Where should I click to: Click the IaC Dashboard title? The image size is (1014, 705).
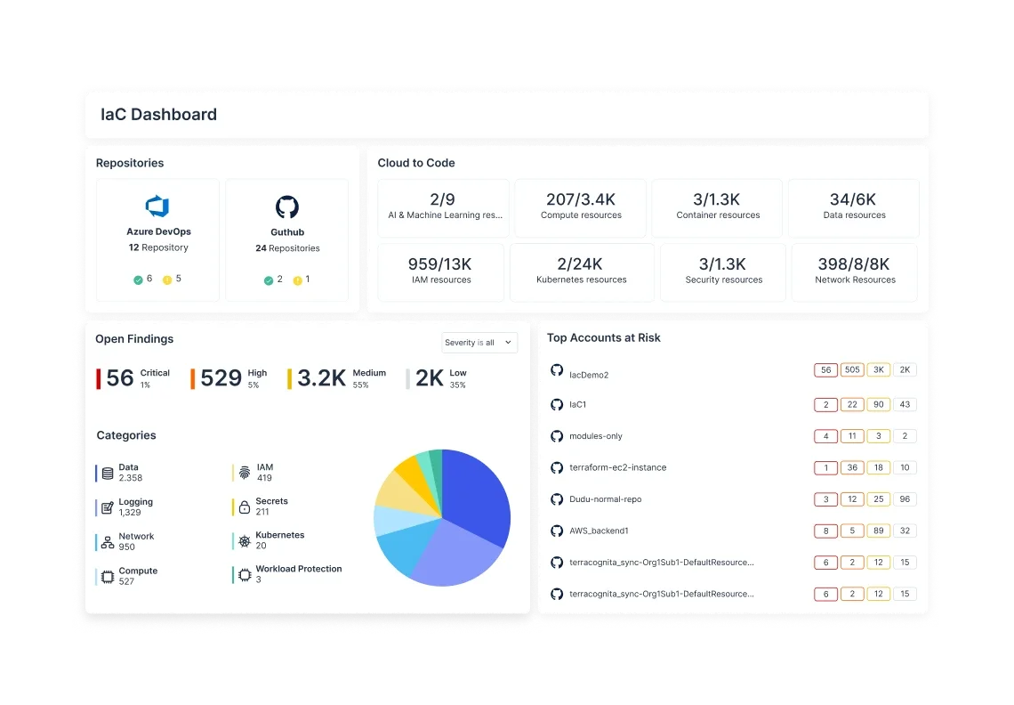click(x=158, y=115)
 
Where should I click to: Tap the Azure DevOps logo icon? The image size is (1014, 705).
click(x=157, y=207)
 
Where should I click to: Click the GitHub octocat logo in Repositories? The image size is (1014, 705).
click(x=286, y=207)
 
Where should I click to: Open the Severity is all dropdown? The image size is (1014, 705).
click(x=479, y=343)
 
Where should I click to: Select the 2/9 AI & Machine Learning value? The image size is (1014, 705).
click(x=443, y=200)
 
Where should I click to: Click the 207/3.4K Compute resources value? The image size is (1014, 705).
click(x=580, y=200)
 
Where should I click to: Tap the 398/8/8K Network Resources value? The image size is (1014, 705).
click(x=854, y=264)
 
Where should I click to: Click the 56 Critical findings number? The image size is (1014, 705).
click(x=120, y=378)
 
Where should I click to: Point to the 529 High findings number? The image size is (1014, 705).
click(x=221, y=378)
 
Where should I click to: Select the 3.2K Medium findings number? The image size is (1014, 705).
click(x=321, y=378)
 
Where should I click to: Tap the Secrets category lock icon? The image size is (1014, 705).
click(x=244, y=507)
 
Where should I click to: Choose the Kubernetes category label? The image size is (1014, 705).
click(x=279, y=535)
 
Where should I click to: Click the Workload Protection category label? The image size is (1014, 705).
click(x=298, y=569)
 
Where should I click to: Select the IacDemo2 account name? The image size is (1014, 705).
click(x=588, y=375)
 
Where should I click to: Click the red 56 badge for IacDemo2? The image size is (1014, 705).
click(x=825, y=370)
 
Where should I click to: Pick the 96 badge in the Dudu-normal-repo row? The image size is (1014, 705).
click(x=905, y=499)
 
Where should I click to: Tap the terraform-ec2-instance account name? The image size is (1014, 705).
click(x=617, y=467)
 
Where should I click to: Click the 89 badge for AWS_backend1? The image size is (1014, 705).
click(x=878, y=531)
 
